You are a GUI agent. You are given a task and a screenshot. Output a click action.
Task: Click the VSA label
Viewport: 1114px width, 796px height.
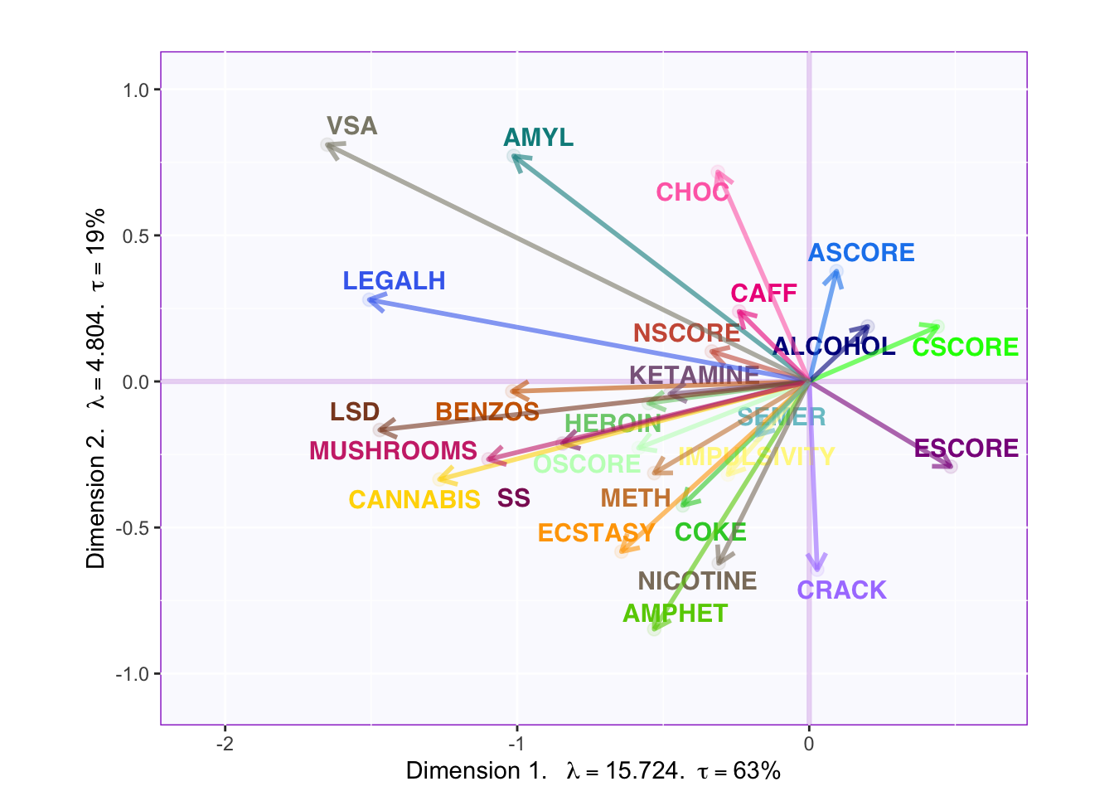click(351, 126)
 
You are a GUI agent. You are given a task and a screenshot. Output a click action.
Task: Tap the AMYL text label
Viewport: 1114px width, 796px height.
click(539, 138)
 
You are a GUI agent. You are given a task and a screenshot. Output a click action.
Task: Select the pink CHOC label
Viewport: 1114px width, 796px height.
click(693, 192)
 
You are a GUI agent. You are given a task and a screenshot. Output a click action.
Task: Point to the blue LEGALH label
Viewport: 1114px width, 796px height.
click(395, 281)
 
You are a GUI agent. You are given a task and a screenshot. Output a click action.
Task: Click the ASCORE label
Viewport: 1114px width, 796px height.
click(861, 253)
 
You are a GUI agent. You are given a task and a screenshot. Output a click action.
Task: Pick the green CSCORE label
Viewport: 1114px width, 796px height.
click(965, 347)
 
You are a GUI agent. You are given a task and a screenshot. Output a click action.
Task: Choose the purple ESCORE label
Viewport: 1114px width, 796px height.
click(966, 449)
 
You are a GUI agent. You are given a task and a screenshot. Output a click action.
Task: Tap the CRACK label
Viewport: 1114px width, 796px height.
click(841, 590)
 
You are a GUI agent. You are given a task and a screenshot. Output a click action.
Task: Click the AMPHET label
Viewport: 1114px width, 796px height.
click(675, 614)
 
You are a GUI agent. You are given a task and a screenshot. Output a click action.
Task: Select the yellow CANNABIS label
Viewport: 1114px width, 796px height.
click(414, 500)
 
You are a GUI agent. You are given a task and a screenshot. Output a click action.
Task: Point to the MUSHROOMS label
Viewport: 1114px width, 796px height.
click(393, 451)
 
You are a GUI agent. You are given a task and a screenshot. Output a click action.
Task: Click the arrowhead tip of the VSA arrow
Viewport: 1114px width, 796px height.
click(327, 145)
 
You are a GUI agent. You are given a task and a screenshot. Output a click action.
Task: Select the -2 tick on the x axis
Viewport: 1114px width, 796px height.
click(225, 744)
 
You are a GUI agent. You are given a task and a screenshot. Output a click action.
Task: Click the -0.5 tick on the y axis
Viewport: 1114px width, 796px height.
click(133, 528)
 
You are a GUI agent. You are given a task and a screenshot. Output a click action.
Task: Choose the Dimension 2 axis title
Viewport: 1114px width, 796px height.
click(97, 388)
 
